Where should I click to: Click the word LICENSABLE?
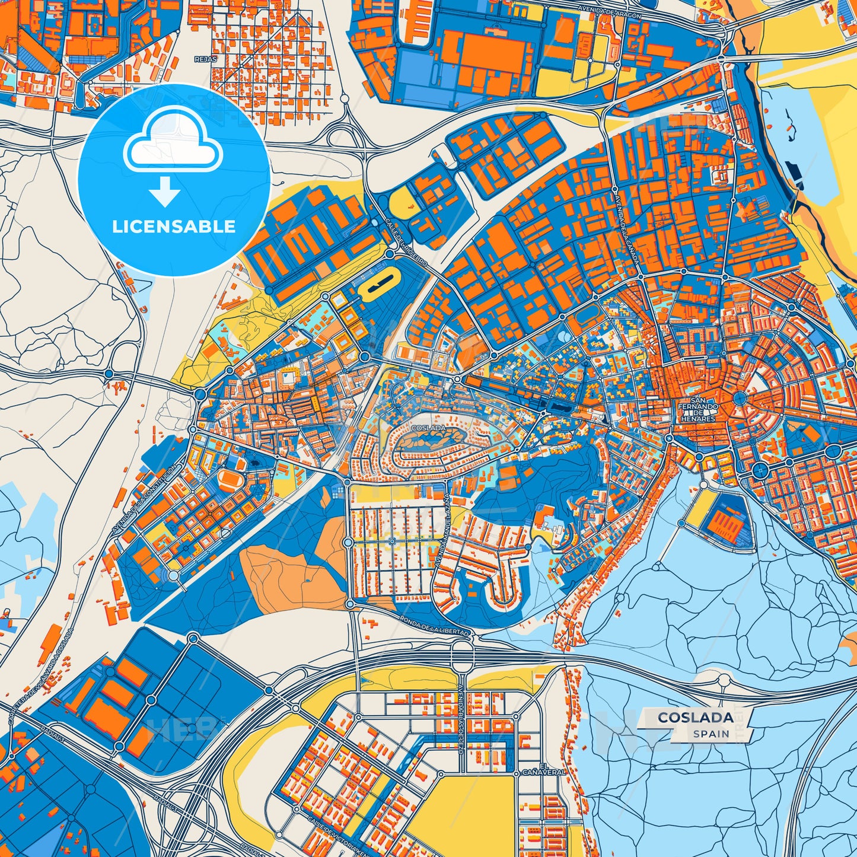click(174, 227)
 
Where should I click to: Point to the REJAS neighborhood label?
click(206, 59)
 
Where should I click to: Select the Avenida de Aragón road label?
click(611, 12)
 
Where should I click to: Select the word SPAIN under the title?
click(711, 734)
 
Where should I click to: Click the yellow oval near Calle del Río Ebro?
click(377, 288)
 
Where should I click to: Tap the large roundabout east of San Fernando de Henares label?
click(740, 397)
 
